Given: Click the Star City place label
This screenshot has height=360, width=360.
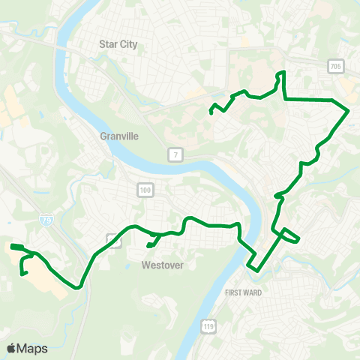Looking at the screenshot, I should coord(119,44).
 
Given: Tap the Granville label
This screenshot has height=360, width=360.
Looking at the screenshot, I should coord(118,136).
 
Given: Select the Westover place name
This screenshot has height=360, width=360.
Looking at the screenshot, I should coord(163,265).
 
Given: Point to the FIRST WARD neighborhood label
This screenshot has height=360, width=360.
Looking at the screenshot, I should coord(243,292).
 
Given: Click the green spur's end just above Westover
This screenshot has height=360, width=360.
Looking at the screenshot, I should coord(148,244).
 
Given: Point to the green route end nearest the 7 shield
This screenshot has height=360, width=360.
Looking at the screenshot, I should coord(211,112).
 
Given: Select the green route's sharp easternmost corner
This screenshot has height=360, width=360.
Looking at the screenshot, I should coord(349,111).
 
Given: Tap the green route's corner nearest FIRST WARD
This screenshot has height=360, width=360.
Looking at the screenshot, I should coord(256,268).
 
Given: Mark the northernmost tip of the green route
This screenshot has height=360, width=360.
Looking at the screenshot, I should coord(282,73).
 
